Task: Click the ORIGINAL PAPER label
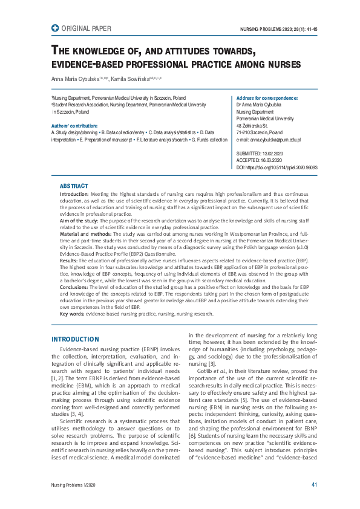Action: coord(87,28)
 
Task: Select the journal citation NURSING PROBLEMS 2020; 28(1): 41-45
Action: coord(279,29)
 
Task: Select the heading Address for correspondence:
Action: coord(267,98)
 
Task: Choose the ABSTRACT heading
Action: coord(74,186)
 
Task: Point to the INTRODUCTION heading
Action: coord(75,339)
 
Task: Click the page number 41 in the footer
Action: coord(314,485)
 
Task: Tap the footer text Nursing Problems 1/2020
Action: coord(74,485)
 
